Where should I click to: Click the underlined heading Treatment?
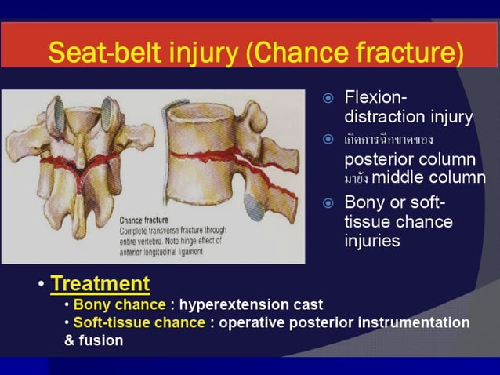pyautogui.click(x=100, y=282)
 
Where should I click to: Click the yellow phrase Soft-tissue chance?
pyautogui.click(x=137, y=322)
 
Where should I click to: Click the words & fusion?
pyautogui.click(x=93, y=341)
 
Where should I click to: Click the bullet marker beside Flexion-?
pyautogui.click(x=329, y=99)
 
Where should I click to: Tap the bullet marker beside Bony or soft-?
pyautogui.click(x=329, y=203)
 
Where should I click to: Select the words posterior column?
pyautogui.click(x=409, y=158)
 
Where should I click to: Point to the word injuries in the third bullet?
pyautogui.click(x=372, y=241)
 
